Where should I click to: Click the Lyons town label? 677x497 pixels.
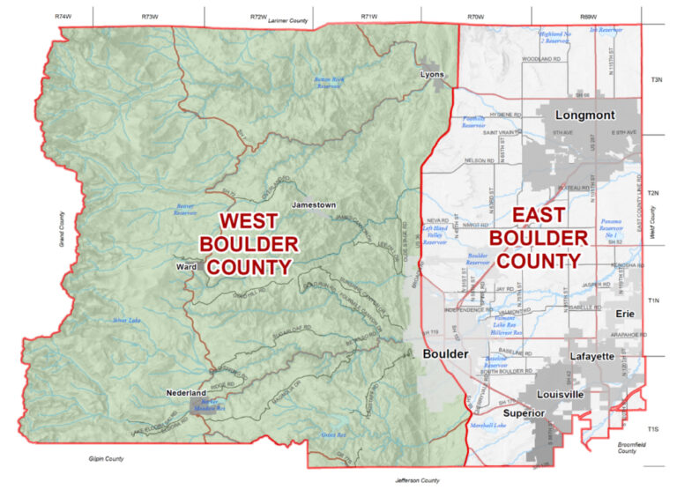(432, 74)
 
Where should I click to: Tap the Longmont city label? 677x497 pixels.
(584, 115)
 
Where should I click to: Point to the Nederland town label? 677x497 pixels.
(186, 392)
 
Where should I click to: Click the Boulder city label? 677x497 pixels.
(445, 354)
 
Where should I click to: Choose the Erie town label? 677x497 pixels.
(625, 314)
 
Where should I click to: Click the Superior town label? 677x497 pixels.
(524, 413)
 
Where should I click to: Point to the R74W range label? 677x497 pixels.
(62, 17)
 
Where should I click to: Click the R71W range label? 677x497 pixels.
(368, 17)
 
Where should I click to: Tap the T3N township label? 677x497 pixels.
(656, 80)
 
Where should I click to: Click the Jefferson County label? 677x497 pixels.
(417, 480)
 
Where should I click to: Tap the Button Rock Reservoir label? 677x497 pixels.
(327, 83)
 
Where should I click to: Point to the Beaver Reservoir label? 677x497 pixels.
(184, 209)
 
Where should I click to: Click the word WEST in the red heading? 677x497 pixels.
(255, 220)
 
